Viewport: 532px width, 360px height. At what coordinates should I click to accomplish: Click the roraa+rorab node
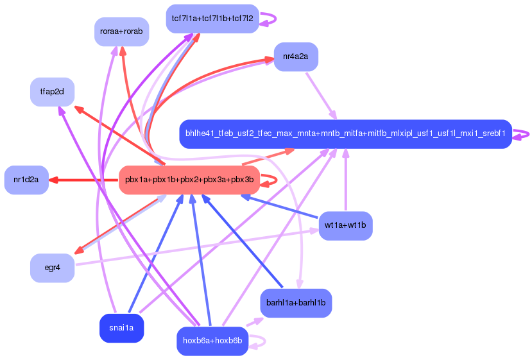121,31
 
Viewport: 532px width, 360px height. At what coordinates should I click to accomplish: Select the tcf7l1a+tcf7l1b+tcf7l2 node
212,19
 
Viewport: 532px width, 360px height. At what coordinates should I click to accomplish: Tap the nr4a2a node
295,57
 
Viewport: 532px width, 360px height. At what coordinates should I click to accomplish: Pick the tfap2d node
52,92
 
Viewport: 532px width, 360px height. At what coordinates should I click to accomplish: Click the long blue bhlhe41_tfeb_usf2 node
345,134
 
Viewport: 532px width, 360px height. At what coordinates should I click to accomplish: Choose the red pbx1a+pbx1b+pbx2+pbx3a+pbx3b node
189,180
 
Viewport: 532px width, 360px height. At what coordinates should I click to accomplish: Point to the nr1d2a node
26,180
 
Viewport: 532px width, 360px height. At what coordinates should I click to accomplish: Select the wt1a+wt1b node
345,225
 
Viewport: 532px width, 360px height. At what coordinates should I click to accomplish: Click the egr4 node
52,268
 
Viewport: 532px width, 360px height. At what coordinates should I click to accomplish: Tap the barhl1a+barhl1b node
295,302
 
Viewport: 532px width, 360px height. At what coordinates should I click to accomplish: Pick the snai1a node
121,329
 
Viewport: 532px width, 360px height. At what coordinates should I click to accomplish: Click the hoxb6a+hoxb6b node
212,341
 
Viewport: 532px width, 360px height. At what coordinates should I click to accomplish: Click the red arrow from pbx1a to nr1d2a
83,180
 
